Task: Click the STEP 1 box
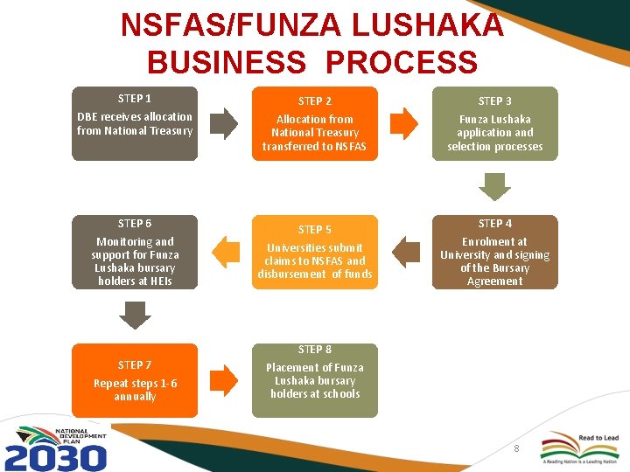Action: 135,123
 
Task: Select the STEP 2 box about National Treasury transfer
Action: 314,123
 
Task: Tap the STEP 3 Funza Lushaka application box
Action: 494,123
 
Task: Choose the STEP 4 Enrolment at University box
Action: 494,252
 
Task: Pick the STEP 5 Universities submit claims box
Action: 314,252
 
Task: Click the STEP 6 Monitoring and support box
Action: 135,252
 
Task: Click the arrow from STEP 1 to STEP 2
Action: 223,123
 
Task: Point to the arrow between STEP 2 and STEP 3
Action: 403,123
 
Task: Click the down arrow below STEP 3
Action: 495,187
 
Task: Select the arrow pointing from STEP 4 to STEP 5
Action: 405,252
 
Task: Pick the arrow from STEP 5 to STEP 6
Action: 225,252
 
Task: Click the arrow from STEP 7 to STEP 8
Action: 223,379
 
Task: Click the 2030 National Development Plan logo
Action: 56,448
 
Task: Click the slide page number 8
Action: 516,448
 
